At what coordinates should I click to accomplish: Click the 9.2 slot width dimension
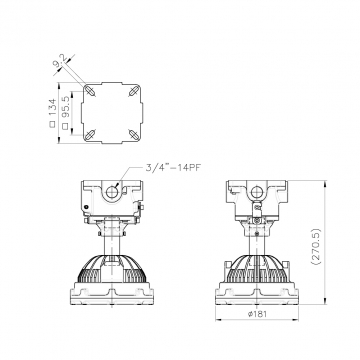point(60,60)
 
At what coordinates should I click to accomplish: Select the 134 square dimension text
point(53,108)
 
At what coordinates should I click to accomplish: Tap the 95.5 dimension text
point(66,107)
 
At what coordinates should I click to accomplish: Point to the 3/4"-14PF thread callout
point(174,167)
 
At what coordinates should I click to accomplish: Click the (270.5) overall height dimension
point(316,247)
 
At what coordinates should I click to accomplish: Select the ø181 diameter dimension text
point(257,314)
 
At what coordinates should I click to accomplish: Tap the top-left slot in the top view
point(90,90)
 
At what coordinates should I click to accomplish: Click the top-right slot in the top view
point(134,90)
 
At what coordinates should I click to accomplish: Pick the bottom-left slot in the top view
point(90,135)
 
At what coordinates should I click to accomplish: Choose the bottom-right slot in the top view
point(134,135)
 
